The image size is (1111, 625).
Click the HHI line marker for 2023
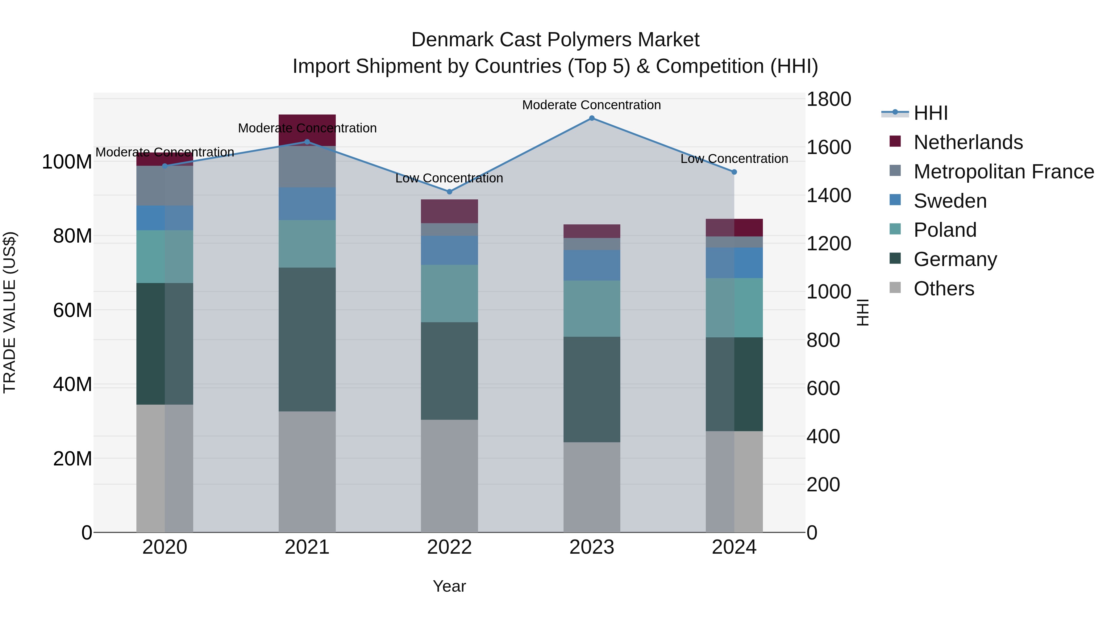pos(591,118)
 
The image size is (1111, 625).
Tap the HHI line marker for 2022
pos(449,191)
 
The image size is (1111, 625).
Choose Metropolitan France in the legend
pos(1003,172)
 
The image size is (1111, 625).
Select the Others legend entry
pos(944,289)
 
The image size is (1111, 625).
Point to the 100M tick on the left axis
pos(67,162)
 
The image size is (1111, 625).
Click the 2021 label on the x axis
pos(307,547)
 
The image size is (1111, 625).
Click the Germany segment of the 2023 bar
pos(591,389)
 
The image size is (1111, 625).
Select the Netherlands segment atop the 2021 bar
pos(307,130)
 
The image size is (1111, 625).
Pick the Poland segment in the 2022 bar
pos(449,293)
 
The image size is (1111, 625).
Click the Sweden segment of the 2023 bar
pos(591,265)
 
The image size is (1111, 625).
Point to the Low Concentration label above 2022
pos(449,178)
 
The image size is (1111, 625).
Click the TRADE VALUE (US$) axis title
pos(10,312)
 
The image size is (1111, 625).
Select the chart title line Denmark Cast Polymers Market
pos(555,40)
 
